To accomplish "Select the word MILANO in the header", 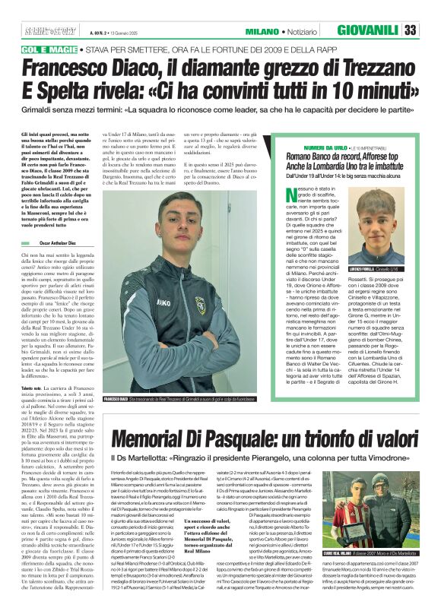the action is tap(261, 32).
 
